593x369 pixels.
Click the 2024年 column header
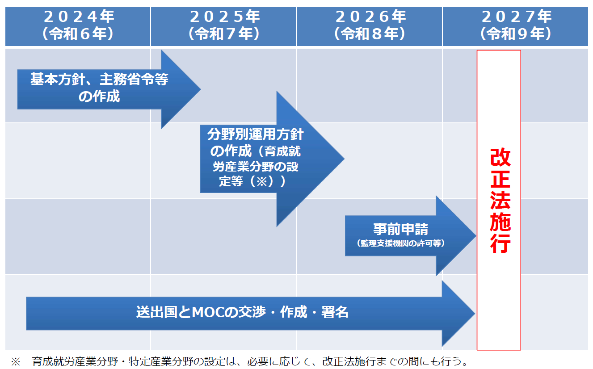pos(78,17)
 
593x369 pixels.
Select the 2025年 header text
pos(224,17)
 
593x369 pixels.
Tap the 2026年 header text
pos(370,17)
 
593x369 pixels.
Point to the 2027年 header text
pos(516,17)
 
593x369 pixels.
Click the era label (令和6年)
pos(78,34)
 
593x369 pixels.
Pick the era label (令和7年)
pos(224,34)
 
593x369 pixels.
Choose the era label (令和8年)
pos(370,34)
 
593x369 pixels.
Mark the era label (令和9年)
pos(516,34)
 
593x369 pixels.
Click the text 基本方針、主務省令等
pos(99,80)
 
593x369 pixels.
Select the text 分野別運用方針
pos(255,134)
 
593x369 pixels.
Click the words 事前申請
pos(400,229)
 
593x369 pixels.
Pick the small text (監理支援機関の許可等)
pos(400,243)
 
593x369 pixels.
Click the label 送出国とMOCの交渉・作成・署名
pos(242,312)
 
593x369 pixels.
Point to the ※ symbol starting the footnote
pos(16,361)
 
